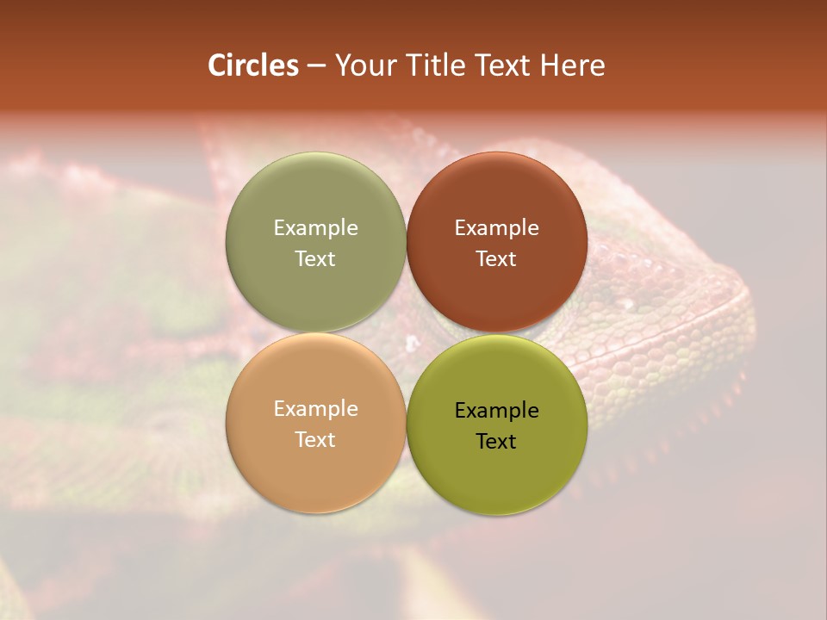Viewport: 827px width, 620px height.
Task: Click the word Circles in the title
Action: point(253,65)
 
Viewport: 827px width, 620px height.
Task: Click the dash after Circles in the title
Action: point(316,66)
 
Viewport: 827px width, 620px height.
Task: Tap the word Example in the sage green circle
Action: point(315,227)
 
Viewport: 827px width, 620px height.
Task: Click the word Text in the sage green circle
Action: point(315,258)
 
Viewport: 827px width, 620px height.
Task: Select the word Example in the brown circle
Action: point(496,227)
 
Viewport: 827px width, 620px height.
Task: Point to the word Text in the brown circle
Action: point(496,258)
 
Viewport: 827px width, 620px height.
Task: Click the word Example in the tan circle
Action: point(315,409)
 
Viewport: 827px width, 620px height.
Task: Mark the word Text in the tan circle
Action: point(315,439)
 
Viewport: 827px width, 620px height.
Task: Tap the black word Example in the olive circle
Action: point(496,411)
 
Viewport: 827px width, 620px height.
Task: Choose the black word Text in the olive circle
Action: point(496,442)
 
